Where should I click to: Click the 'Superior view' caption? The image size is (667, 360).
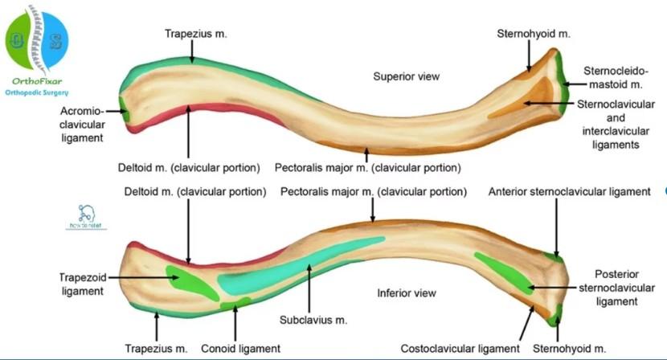coord(407,76)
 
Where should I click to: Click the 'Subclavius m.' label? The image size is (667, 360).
coord(313,319)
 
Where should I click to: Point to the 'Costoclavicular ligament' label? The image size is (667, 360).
coord(460,349)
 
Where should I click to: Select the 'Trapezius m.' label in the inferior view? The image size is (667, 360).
coord(156,349)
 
